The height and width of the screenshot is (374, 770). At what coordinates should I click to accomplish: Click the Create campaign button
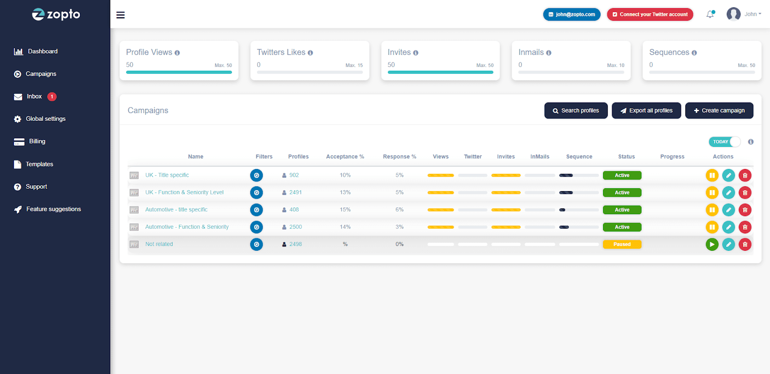tap(719, 111)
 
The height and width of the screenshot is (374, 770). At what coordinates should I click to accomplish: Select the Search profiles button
tap(576, 111)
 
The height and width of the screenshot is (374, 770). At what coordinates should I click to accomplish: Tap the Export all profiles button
tap(646, 111)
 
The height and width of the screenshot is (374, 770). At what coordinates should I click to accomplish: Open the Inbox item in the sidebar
tap(34, 97)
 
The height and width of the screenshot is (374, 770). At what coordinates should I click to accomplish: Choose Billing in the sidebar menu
tap(37, 142)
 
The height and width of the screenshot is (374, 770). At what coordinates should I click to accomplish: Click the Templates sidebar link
tap(39, 164)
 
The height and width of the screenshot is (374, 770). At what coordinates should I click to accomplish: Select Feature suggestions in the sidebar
tap(53, 209)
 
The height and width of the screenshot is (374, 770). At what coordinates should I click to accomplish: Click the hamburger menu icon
tap(120, 15)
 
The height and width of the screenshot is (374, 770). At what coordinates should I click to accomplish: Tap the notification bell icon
tap(710, 14)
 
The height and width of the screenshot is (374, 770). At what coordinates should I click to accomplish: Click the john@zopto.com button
tap(572, 14)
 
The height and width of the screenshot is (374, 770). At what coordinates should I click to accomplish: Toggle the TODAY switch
tap(724, 142)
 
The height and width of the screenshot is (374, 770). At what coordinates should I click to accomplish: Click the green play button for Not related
tap(712, 245)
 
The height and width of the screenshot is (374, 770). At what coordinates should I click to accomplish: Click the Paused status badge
tap(622, 245)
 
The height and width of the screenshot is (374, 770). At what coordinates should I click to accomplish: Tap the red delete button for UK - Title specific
tap(744, 176)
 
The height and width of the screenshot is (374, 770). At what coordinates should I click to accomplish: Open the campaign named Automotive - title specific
tap(176, 210)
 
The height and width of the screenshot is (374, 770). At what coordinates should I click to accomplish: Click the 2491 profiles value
tap(295, 193)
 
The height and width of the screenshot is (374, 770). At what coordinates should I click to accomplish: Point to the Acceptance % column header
tap(345, 157)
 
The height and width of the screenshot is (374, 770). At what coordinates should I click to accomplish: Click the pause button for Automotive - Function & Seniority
tap(712, 227)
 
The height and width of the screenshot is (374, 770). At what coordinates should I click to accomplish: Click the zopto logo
tap(56, 14)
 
